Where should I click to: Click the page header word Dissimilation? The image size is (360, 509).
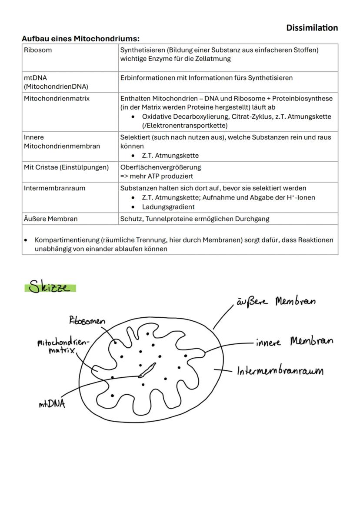tap(312, 28)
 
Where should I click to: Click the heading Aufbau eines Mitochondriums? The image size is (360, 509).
tap(80, 39)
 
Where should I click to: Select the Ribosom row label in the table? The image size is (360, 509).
tap(38, 50)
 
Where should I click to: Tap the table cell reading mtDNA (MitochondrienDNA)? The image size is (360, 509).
tap(56, 82)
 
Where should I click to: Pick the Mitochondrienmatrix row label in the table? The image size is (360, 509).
tap(57, 99)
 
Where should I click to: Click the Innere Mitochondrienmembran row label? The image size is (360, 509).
tap(62, 142)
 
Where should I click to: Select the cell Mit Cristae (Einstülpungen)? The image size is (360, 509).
tap(66, 167)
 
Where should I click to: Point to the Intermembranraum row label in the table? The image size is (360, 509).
tap(54, 188)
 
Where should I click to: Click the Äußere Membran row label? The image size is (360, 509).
tap(50, 219)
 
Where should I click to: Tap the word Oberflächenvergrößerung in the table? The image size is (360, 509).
tap(160, 167)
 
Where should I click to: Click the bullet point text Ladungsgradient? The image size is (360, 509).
tap(168, 207)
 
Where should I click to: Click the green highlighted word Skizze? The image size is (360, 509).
tap(50, 287)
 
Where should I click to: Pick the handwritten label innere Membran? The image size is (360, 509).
tap(294, 342)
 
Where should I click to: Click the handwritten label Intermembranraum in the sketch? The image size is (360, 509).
tap(280, 371)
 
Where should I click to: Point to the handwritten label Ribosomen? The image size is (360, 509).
tap(87, 321)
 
